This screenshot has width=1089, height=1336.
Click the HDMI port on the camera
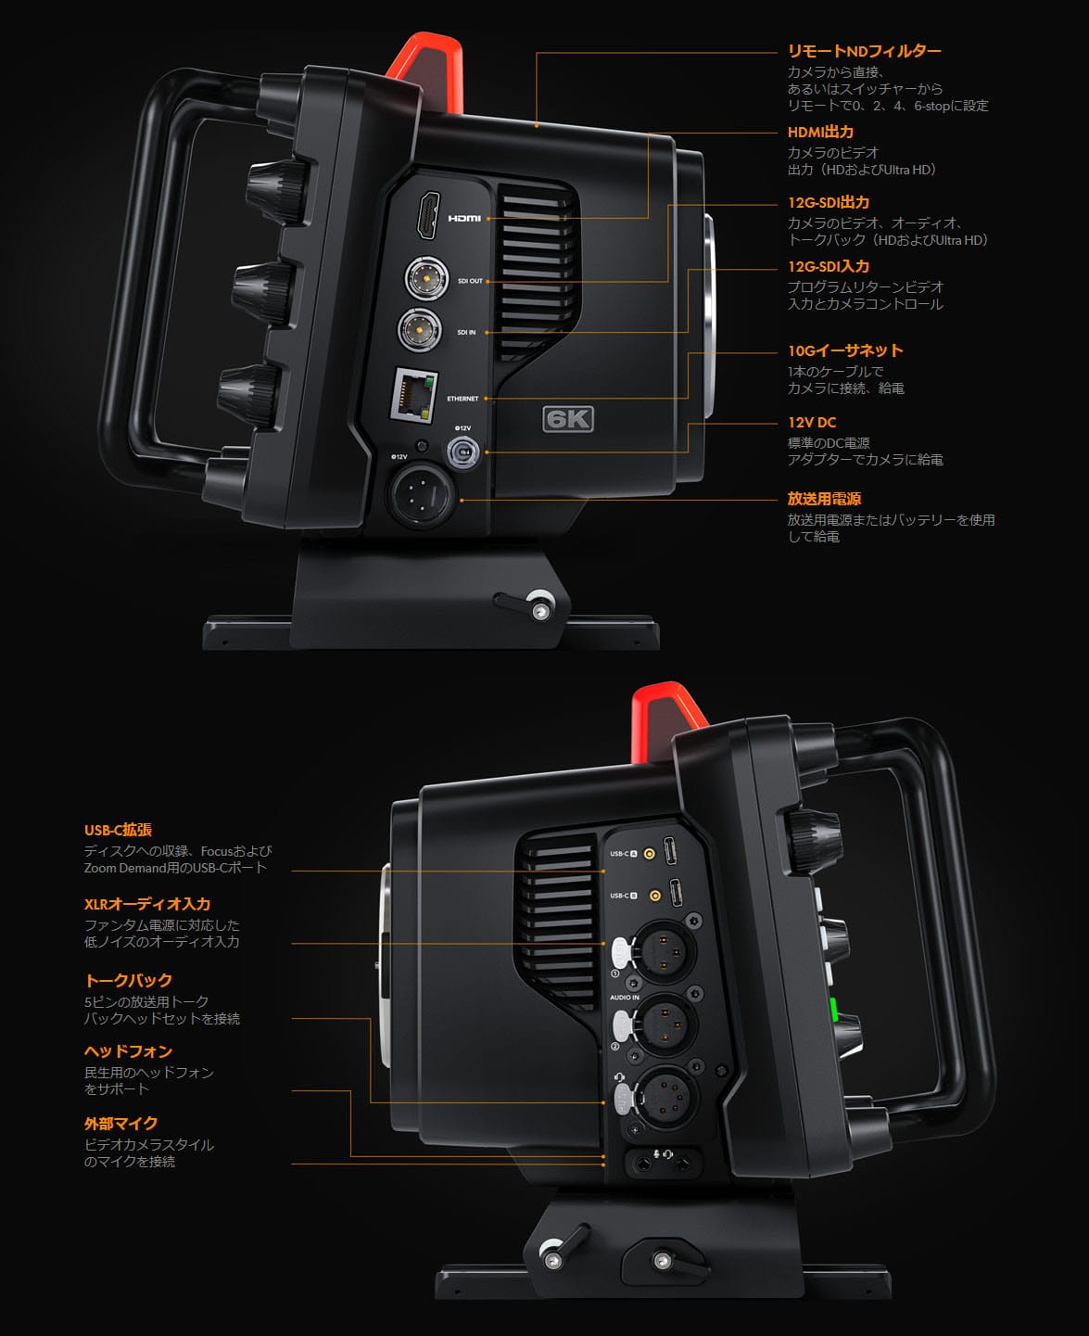coord(428,215)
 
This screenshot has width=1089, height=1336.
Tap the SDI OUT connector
coord(426,277)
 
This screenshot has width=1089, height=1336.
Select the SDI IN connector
coord(420,329)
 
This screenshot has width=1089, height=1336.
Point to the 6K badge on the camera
coord(567,419)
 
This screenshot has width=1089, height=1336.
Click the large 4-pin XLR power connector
coord(424,496)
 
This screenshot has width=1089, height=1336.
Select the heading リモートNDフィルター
coord(864,51)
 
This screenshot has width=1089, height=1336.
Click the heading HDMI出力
coord(820,132)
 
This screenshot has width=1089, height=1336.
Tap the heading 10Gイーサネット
coord(844,350)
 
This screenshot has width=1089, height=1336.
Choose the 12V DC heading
coord(812,422)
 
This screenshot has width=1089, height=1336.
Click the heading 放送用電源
coord(824,499)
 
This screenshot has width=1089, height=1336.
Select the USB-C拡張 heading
coord(118,830)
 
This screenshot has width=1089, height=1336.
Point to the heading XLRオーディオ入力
coord(147,904)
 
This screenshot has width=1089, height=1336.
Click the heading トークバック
coord(128,980)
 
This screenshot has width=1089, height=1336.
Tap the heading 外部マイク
coord(120,1123)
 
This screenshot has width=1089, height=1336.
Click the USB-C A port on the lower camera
coord(674,851)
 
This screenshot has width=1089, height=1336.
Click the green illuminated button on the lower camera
coord(833,1010)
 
